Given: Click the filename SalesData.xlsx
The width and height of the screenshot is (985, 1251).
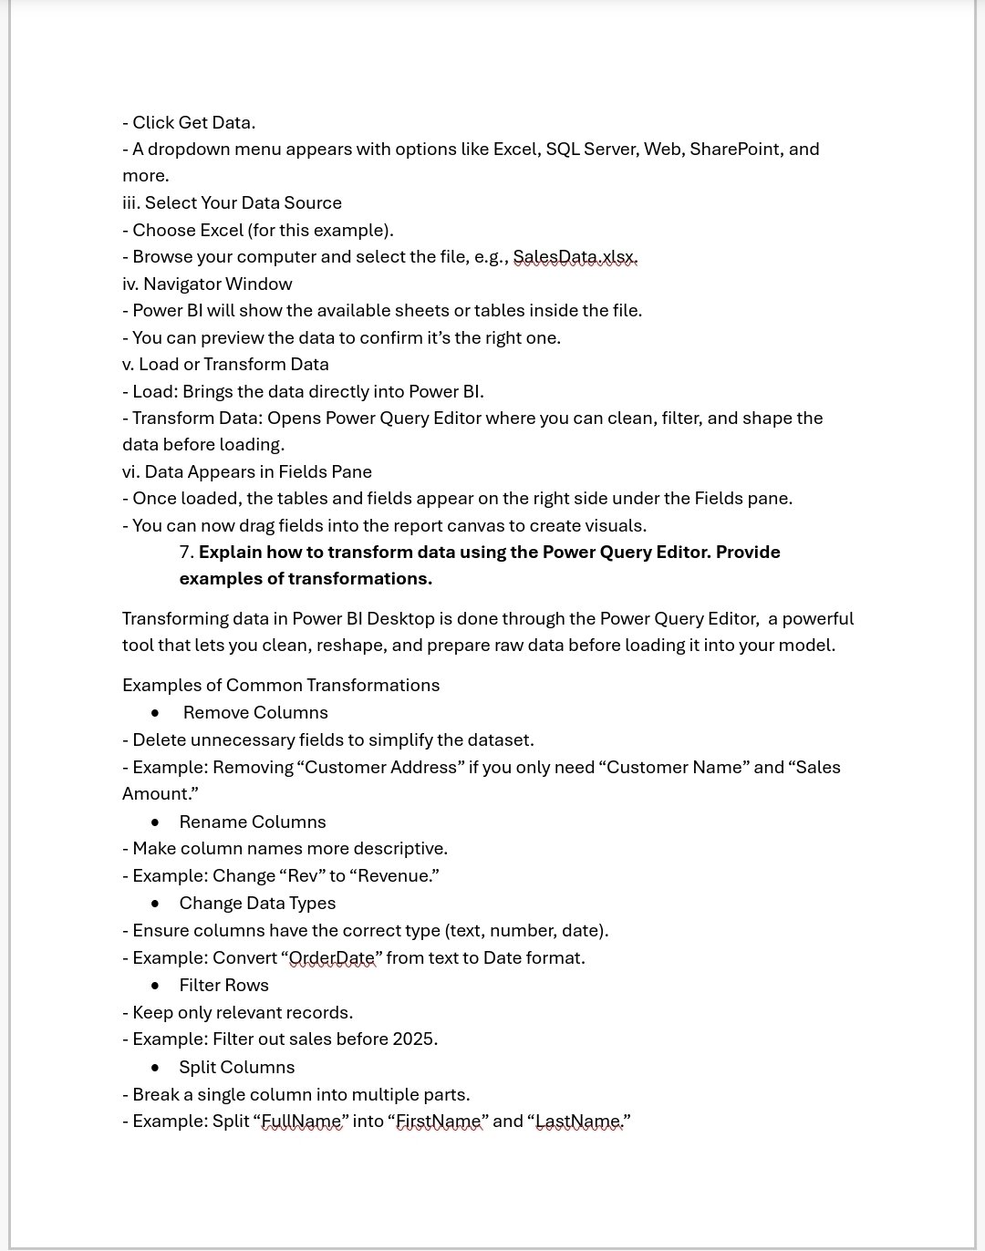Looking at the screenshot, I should click(575, 257).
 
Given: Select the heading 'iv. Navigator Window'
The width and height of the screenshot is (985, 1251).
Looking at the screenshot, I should click(207, 284).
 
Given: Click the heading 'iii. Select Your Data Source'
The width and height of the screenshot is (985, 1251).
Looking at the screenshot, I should click(232, 203).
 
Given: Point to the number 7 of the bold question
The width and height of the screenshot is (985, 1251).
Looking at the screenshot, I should click(185, 553).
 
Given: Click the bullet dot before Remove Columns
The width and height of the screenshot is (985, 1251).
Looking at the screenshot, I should click(155, 713).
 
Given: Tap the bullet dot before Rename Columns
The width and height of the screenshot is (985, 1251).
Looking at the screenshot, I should click(155, 822).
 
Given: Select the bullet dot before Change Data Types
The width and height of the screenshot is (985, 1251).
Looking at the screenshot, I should click(155, 904).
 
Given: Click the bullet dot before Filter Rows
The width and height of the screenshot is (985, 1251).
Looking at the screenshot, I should click(155, 986).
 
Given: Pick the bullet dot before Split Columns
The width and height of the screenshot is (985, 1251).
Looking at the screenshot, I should click(155, 1068).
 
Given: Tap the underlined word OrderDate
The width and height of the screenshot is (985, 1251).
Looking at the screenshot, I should click(332, 958).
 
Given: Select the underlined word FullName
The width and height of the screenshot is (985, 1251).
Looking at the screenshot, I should click(302, 1122).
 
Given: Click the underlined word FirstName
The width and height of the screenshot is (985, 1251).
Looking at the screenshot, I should click(439, 1122).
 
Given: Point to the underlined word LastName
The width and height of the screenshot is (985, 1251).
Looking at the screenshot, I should click(578, 1122).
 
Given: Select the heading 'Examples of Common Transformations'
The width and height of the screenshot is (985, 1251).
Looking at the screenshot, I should click(281, 686).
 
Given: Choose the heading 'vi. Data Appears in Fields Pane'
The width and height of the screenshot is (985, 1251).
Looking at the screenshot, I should click(247, 472).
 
